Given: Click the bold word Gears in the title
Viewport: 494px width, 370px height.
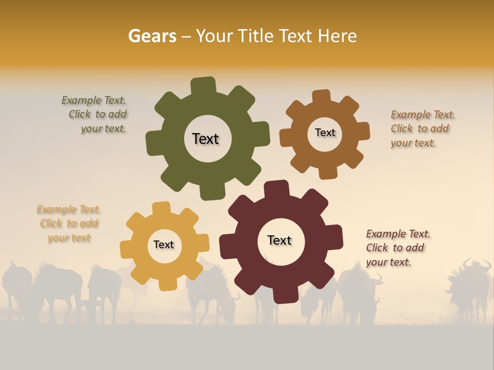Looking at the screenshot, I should pyautogui.click(x=152, y=36).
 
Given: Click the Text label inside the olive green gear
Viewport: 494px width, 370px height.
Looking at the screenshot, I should pyautogui.click(x=205, y=139).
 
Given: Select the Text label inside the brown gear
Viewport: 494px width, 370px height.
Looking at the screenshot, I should pyautogui.click(x=325, y=133).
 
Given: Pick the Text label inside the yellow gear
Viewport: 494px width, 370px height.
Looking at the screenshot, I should pyautogui.click(x=164, y=245).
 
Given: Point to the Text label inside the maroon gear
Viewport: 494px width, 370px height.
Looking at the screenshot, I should pyautogui.click(x=279, y=240).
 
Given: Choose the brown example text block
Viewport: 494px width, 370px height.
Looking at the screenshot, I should pyautogui.click(x=422, y=129).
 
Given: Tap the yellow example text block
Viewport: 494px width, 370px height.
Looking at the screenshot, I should pyautogui.click(x=69, y=224).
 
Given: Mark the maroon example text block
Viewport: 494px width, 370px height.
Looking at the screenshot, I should pyautogui.click(x=397, y=248).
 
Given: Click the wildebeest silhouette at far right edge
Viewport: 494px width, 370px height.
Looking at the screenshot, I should pyautogui.click(x=471, y=288).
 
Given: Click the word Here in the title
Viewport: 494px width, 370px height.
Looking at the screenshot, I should pyautogui.click(x=338, y=36).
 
